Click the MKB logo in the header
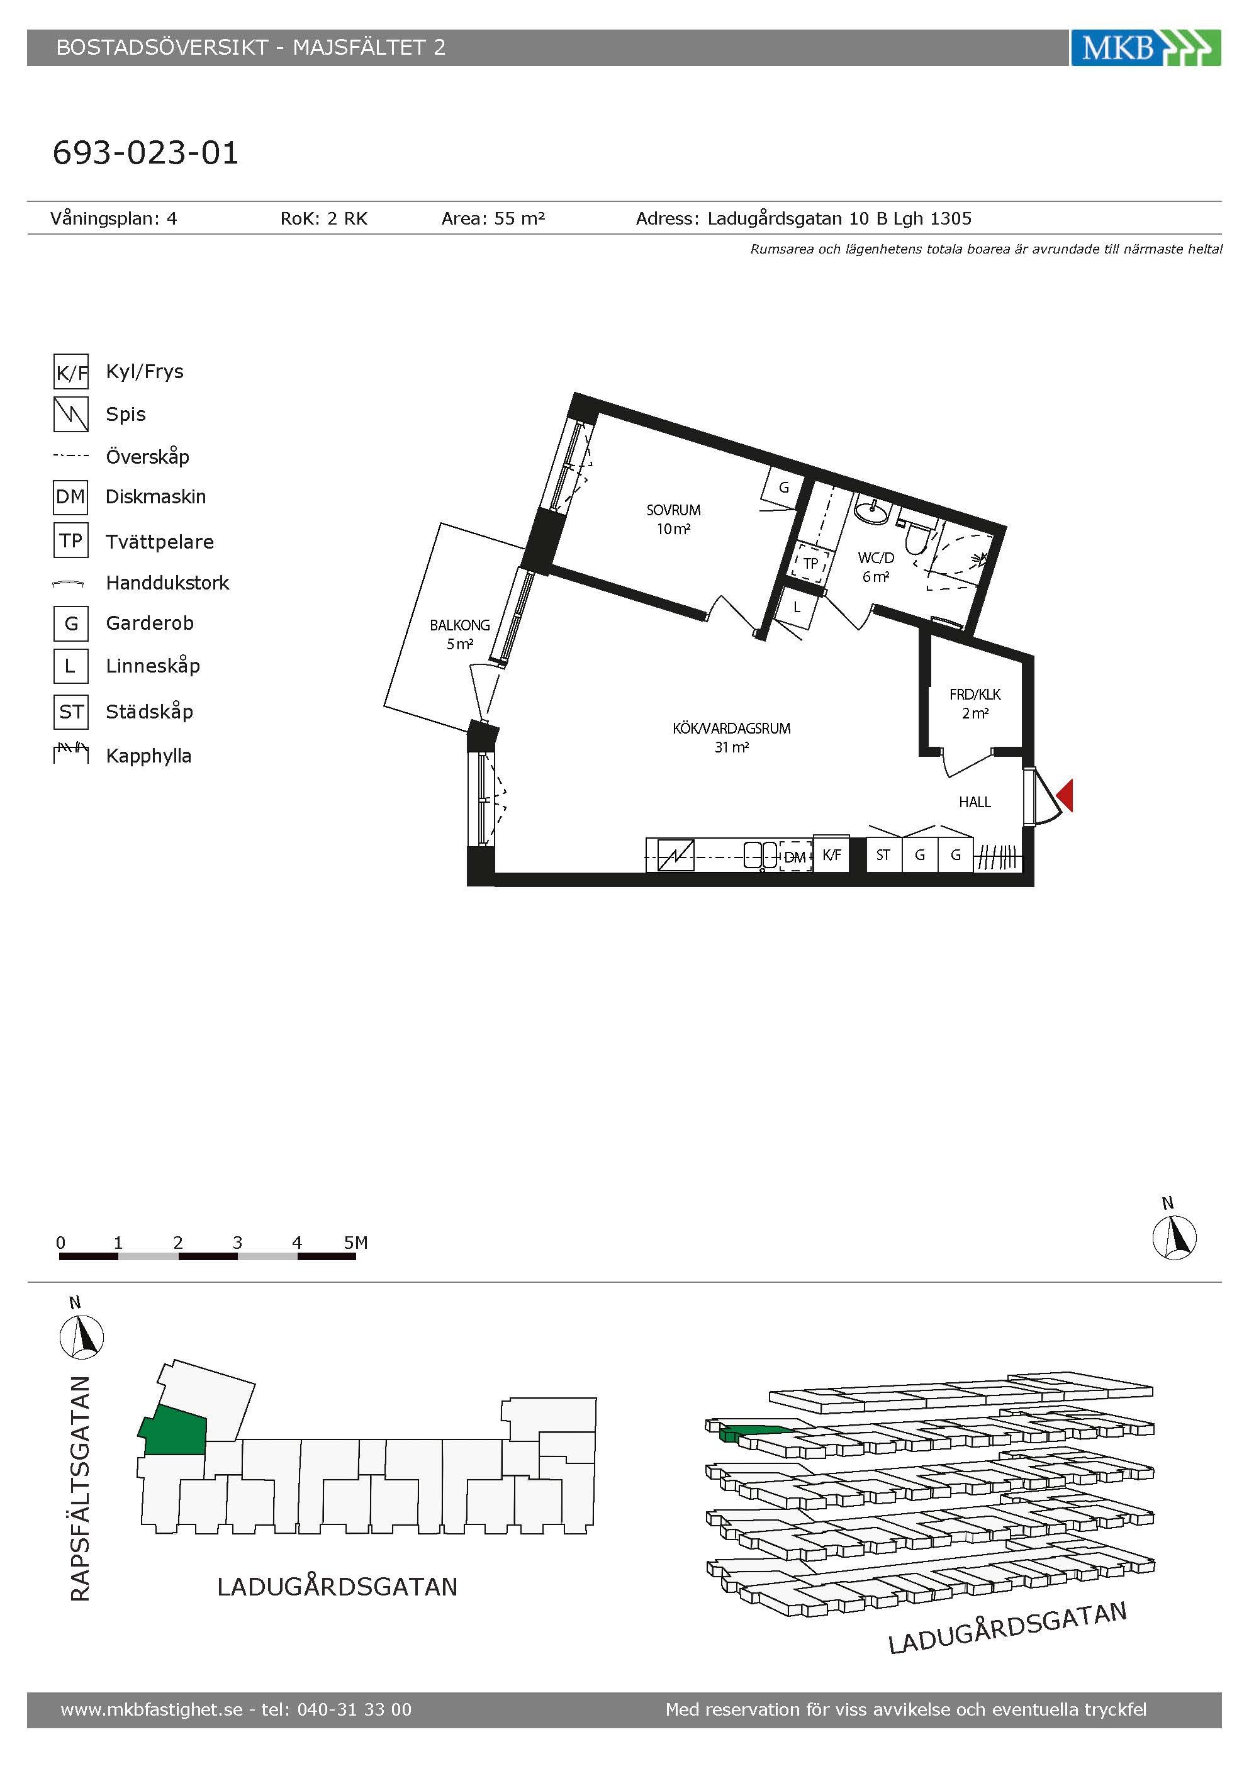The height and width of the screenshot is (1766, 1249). [1146, 48]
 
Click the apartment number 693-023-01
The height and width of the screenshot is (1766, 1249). [145, 153]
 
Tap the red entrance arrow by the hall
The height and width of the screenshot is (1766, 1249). [1065, 795]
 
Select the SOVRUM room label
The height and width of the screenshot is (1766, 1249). [673, 510]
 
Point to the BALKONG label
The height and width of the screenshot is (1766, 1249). [459, 625]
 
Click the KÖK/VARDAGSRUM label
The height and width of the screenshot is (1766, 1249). [731, 729]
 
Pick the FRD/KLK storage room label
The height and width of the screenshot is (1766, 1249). [975, 695]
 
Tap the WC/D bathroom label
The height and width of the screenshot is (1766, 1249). [876, 557]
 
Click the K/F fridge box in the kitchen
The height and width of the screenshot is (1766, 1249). [831, 854]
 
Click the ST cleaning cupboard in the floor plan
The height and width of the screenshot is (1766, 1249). [883, 854]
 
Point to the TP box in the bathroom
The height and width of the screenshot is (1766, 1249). [810, 563]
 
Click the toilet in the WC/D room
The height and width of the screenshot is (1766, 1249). [916, 539]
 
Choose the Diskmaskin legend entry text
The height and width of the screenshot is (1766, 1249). [156, 497]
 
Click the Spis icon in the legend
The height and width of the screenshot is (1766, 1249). [70, 414]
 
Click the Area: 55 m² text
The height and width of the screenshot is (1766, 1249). [493, 218]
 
